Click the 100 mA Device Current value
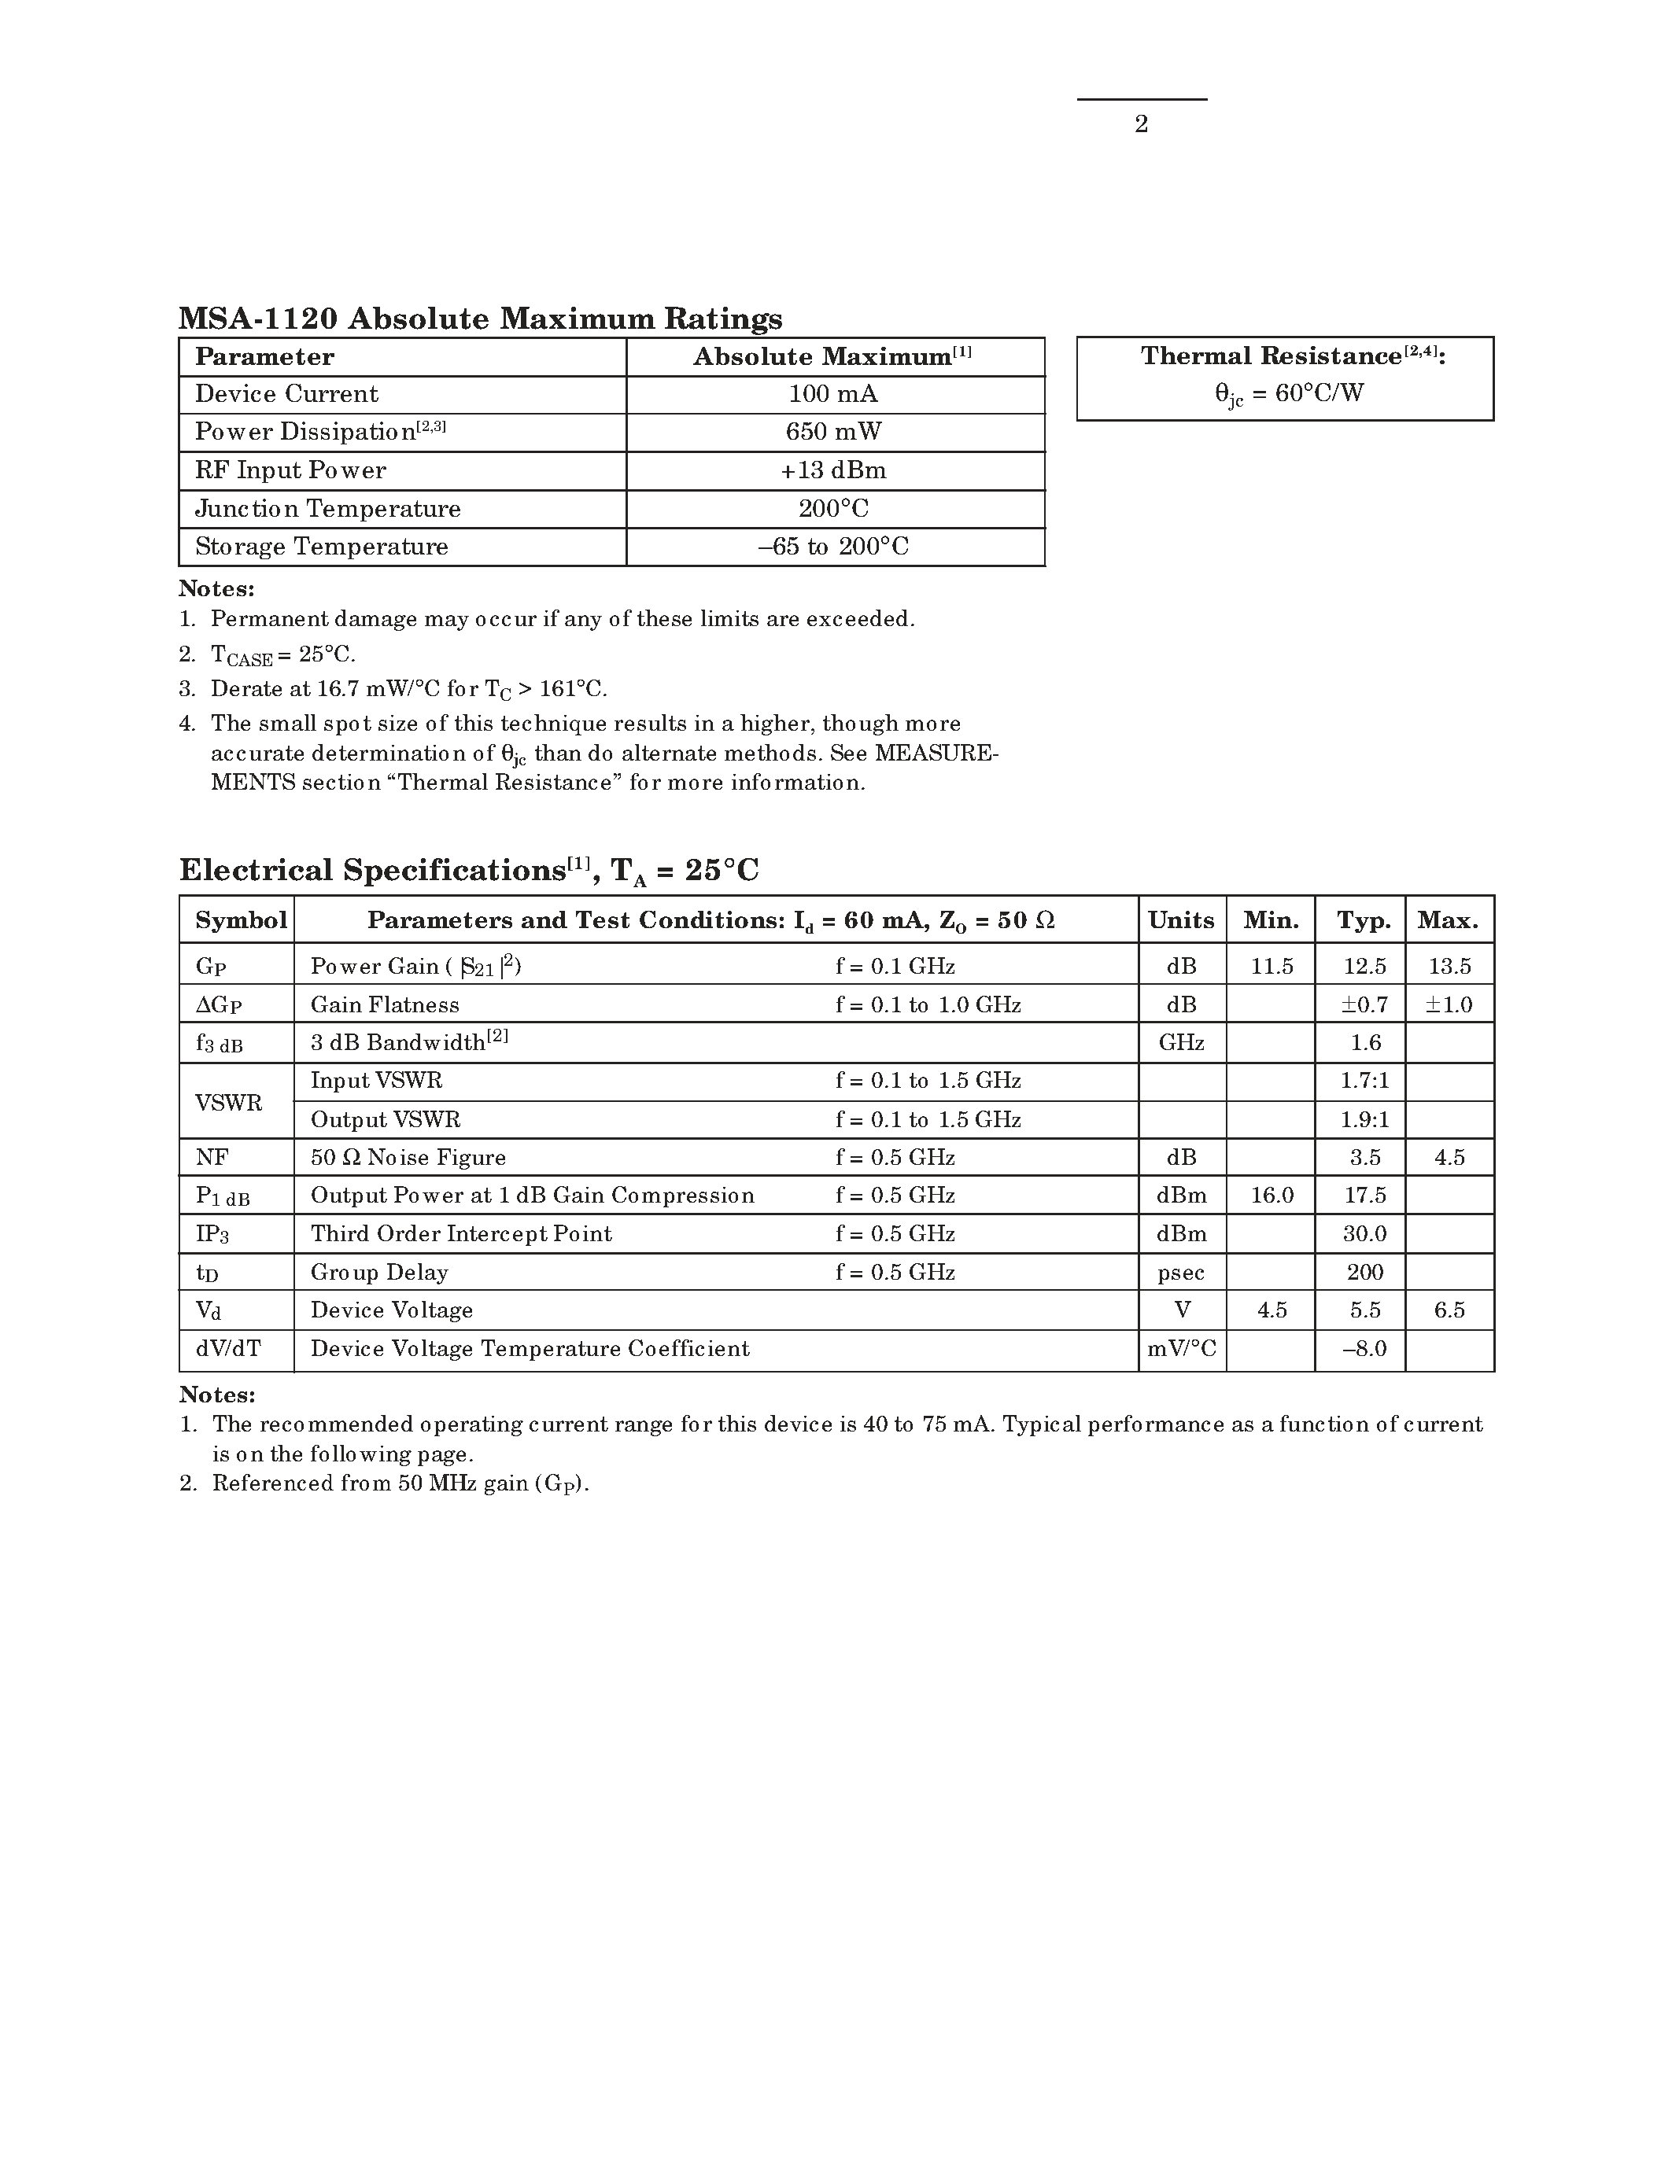[833, 394]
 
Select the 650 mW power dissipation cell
[833, 432]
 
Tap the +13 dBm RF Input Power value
[833, 470]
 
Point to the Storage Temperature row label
[321, 547]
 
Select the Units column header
[1181, 920]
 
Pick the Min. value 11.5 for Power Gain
[1272, 967]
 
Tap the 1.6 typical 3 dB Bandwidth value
[1365, 1043]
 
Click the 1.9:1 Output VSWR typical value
[1365, 1120]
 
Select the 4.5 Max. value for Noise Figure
[1449, 1158]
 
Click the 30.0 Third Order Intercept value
[1365, 1234]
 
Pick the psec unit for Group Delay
[1181, 1273]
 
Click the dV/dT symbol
[228, 1349]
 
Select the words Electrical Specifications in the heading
[372, 871]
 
